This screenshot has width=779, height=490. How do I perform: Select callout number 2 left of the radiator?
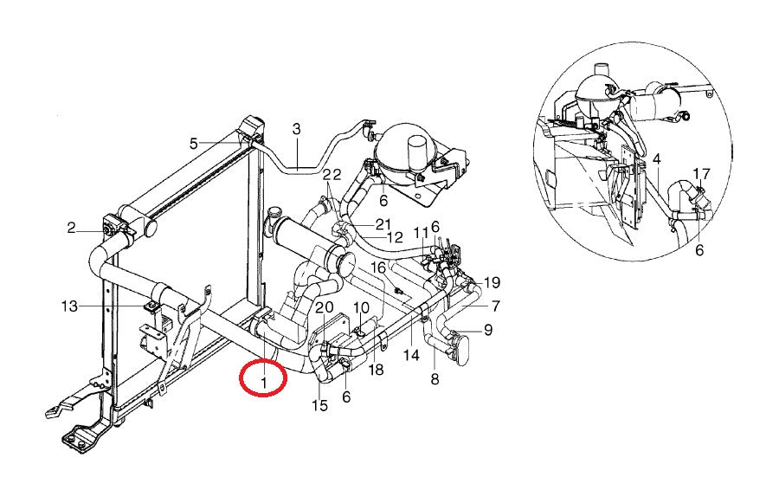[x=71, y=229]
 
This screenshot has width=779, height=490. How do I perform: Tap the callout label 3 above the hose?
[x=296, y=130]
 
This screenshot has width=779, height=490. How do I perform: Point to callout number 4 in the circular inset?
[x=657, y=159]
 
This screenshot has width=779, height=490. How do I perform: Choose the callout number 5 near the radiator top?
[x=194, y=143]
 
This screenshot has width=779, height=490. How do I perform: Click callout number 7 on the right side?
[x=496, y=306]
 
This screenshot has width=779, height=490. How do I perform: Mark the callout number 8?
[x=435, y=378]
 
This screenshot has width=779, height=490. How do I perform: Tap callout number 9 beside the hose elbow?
[x=487, y=330]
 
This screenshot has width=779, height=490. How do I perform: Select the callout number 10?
[x=361, y=307]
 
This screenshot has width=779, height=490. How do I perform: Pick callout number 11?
[x=420, y=232]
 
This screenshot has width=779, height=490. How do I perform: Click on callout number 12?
[x=394, y=237]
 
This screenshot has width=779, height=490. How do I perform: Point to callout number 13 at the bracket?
[x=70, y=306]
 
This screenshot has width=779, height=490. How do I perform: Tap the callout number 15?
[x=319, y=406]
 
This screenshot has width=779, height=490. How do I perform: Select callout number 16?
[x=378, y=267]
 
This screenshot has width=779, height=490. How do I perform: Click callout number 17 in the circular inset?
[x=701, y=173]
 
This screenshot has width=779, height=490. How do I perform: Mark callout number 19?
[x=492, y=282]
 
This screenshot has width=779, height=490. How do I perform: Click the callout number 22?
[x=332, y=175]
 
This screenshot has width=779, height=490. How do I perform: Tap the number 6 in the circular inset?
[x=699, y=250]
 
